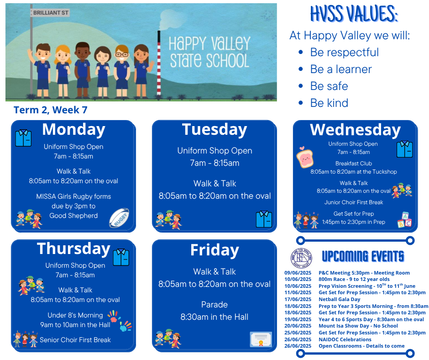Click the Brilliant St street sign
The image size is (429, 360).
pos(50,13)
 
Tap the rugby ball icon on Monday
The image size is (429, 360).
pos(119,218)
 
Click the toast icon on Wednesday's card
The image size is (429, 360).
pos(305,157)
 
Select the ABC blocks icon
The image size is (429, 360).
pos(405,220)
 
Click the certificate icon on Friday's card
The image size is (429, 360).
pos(261,339)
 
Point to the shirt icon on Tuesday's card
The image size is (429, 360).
pos(264,219)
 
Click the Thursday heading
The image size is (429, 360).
pos(73,249)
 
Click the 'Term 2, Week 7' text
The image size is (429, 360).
pos(51,110)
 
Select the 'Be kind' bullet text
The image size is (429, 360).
pos(329,103)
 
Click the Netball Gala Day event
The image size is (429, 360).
pos(339,299)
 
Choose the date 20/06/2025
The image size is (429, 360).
pos(298,326)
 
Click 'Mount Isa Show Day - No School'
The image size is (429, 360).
pos(358,326)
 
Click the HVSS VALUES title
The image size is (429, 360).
pos(354,14)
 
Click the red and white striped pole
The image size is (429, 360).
pos(159,63)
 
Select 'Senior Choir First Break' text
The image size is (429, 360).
pos(75,340)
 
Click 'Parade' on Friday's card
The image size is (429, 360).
pos(214,305)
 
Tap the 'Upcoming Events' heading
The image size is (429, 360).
pos(363,256)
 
